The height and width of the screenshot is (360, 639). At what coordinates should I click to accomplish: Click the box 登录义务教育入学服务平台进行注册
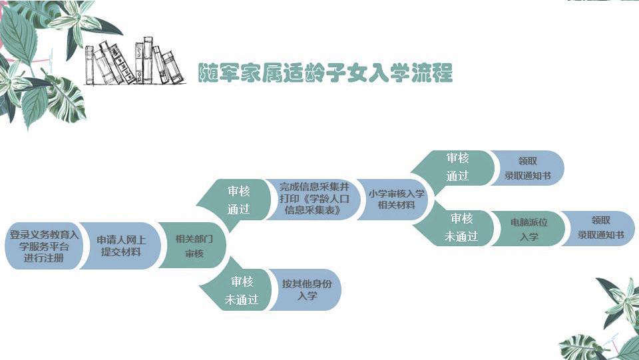pos(44,246)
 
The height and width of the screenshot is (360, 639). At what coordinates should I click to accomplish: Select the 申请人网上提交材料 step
pos(121,246)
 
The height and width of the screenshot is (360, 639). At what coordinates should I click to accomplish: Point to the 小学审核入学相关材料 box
pos(395,199)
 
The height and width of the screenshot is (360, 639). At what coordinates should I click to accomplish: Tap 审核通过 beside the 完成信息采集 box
pos(238,199)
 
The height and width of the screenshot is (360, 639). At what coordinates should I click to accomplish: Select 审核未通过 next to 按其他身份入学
pos(241,291)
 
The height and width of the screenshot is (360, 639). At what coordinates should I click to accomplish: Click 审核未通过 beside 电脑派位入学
pos(461,228)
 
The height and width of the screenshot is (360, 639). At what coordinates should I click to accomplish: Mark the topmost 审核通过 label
pos(457,167)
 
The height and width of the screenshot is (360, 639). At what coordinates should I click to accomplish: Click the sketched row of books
pos(133,63)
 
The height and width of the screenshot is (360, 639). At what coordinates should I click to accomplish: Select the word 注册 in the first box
pos(55,258)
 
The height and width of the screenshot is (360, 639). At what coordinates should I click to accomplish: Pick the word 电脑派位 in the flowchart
pos(529,222)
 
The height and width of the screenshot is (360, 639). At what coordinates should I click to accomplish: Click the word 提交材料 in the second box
pos(121,252)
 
